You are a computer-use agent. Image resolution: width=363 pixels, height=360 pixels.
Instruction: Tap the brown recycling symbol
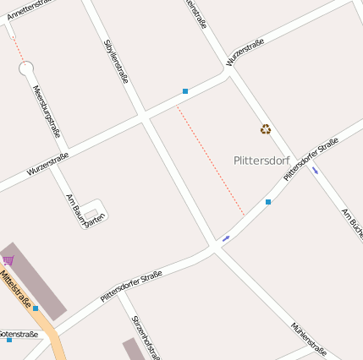click(x=266, y=129)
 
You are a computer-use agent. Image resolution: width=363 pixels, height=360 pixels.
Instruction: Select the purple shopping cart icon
click(x=8, y=259)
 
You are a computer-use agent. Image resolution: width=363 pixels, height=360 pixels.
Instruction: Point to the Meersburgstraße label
click(x=47, y=111)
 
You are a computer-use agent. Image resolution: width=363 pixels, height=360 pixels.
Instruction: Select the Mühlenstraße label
click(x=308, y=338)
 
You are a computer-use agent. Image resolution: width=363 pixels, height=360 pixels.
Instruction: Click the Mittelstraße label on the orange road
click(x=16, y=289)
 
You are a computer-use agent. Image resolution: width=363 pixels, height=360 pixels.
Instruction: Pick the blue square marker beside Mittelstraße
click(x=36, y=308)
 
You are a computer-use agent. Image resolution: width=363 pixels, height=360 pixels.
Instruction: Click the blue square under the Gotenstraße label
click(x=9, y=340)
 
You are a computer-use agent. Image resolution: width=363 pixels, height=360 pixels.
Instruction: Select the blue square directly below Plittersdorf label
click(x=268, y=202)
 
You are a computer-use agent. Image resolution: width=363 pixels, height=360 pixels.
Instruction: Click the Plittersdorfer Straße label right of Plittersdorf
click(x=311, y=159)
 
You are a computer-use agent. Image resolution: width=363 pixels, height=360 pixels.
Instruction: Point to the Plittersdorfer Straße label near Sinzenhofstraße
click(x=131, y=286)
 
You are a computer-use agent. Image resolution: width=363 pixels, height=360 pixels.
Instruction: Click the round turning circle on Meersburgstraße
click(x=25, y=68)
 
